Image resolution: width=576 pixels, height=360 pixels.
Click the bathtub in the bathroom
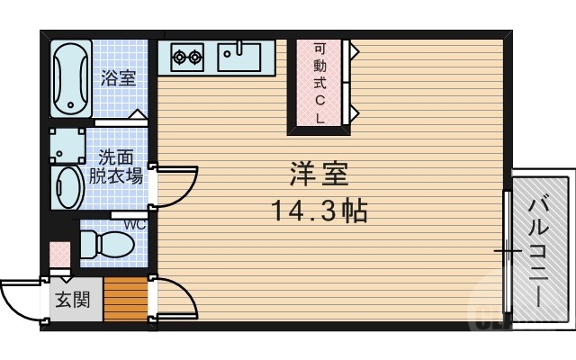click(68, 79)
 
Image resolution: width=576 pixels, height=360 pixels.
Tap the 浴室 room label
click(118, 78)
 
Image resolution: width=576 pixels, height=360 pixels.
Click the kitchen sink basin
click(238, 58)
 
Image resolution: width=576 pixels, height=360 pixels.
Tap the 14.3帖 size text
click(319, 211)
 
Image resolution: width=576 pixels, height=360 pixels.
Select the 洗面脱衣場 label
click(114, 166)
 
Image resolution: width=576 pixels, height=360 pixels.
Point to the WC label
click(135, 224)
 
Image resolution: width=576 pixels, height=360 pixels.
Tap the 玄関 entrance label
click(74, 301)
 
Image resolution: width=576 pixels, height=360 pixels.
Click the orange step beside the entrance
click(124, 300)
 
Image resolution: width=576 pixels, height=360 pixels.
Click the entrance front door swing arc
click(20, 297)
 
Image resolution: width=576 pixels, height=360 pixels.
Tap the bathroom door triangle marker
click(137, 115)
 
